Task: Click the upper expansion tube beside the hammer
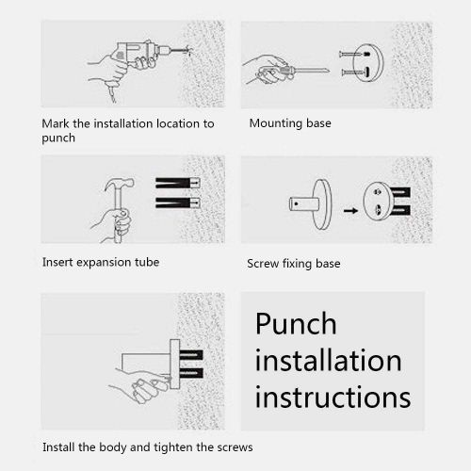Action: coord(178,183)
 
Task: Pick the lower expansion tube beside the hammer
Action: coord(178,203)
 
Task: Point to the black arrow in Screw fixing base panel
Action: coord(350,210)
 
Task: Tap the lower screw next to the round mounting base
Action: coord(355,73)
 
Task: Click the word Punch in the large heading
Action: coord(296,323)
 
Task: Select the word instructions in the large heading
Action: coord(333,397)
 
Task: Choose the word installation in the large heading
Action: coord(328,360)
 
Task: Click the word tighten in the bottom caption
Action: coord(173,447)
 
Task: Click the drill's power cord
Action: coord(111,92)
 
